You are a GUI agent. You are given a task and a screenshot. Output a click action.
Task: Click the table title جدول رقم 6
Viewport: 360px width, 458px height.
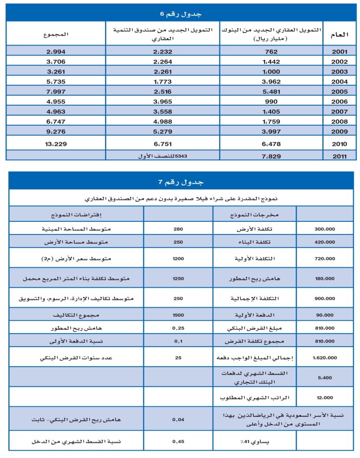click(180, 14)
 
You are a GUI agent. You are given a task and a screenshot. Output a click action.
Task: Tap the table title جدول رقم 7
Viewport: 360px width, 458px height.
click(180, 182)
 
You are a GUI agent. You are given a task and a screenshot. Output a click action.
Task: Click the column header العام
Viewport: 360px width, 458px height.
click(340, 33)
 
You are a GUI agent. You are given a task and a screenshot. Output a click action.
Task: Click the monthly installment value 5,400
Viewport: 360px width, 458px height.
click(324, 378)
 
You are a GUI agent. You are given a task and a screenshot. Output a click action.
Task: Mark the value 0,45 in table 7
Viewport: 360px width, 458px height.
click(177, 442)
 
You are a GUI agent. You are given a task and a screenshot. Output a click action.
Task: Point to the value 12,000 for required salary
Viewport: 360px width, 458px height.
click(324, 397)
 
